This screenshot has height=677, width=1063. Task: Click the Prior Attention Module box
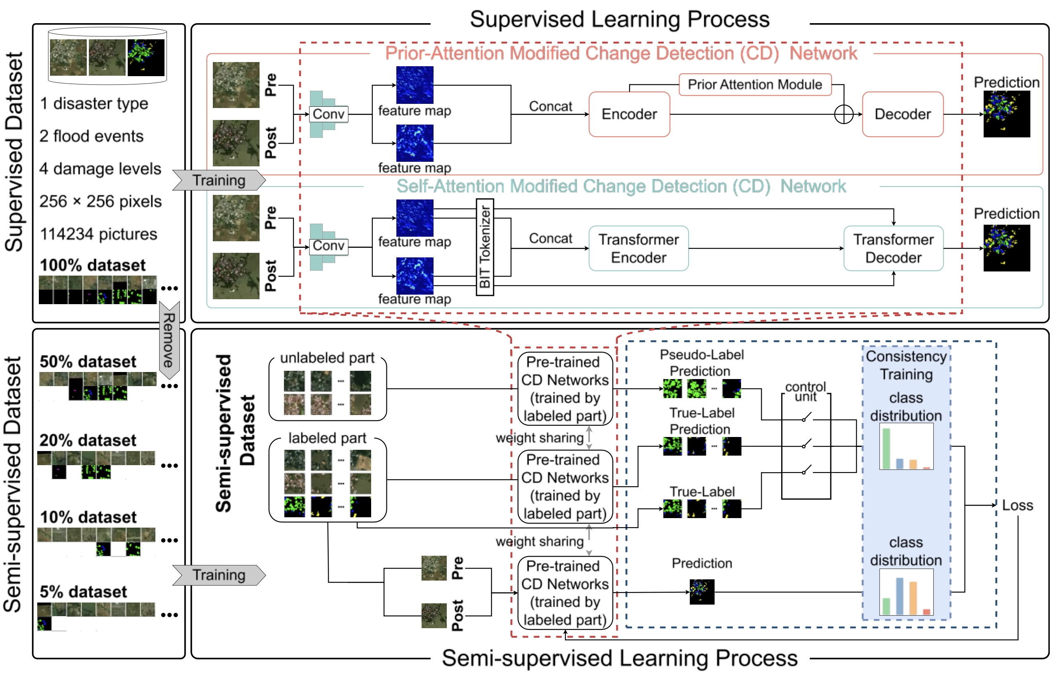754,84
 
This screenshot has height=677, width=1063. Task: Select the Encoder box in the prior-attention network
629,114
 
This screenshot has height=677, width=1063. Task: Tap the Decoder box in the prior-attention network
902,114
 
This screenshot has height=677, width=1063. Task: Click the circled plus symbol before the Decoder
843,115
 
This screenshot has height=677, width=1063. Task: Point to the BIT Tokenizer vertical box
485,247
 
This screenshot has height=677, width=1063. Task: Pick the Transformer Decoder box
893,248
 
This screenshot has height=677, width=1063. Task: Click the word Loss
1017,505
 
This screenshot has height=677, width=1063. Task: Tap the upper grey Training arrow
219,180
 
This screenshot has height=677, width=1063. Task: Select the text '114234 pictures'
98,234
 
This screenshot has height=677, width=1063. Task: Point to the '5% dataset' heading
83,592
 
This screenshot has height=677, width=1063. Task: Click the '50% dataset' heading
88,362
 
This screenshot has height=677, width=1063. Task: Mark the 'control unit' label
805,391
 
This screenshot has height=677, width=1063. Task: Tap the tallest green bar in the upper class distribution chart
886,448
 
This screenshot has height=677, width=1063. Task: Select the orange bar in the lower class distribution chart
913,598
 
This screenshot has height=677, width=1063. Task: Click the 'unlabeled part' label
327,358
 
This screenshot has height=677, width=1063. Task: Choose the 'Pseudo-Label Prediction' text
701,363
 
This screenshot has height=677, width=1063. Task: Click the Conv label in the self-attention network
329,246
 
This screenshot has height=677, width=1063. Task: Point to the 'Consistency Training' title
906,365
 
